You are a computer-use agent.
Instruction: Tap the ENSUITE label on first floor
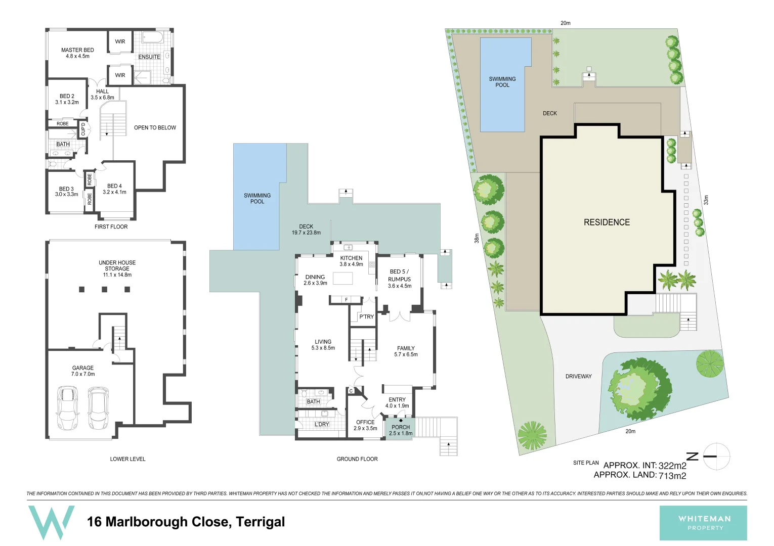pyautogui.click(x=149, y=57)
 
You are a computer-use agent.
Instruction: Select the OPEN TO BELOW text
pyautogui.click(x=155, y=128)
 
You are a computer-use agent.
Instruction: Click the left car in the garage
pyautogui.click(x=67, y=407)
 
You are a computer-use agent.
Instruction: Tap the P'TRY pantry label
pyautogui.click(x=366, y=317)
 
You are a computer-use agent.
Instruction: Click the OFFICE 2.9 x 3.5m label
pyautogui.click(x=365, y=425)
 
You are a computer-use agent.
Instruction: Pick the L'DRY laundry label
pyautogui.click(x=322, y=425)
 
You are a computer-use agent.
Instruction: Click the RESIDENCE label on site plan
pyautogui.click(x=607, y=222)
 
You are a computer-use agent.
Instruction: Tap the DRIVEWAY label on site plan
pyautogui.click(x=578, y=377)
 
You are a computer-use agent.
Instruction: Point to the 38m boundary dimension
pyautogui.click(x=477, y=238)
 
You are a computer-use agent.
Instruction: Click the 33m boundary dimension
pyautogui.click(x=706, y=200)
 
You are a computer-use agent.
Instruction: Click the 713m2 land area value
pyautogui.click(x=672, y=476)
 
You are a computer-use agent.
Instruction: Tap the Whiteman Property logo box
pyautogui.click(x=703, y=523)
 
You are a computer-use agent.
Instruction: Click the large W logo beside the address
pyautogui.click(x=51, y=522)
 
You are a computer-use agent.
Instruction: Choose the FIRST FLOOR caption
pyautogui.click(x=111, y=227)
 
